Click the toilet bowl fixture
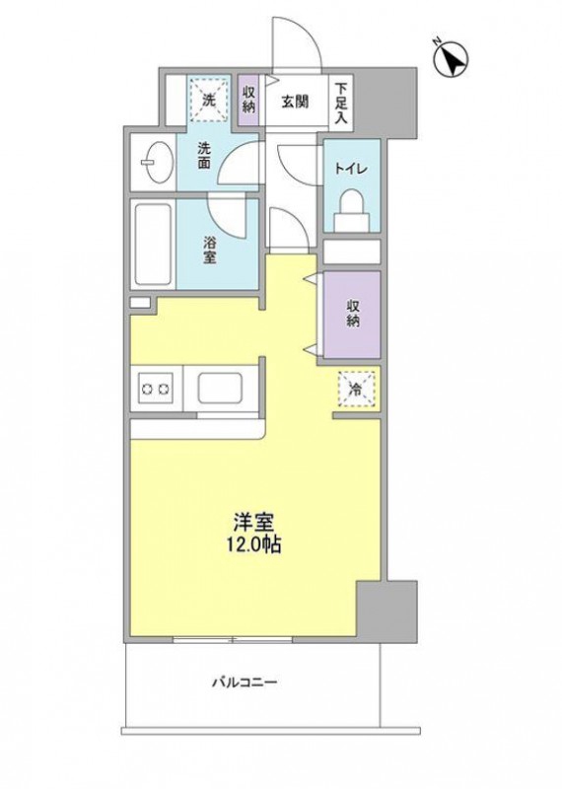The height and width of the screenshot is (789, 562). coord(350,208)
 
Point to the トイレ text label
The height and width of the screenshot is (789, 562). coord(350,169)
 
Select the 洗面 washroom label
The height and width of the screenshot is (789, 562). coord(205,158)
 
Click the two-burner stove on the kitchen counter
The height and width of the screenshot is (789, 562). coord(157,388)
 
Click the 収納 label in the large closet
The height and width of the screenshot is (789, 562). coord(353,314)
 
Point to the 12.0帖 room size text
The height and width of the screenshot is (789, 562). coord(254,544)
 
